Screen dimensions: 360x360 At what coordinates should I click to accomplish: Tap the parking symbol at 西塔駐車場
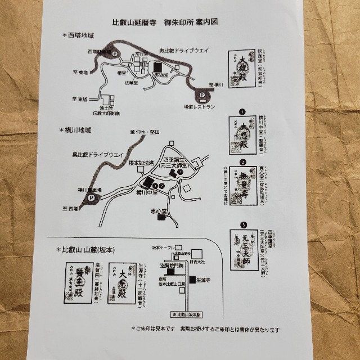(115, 54)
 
